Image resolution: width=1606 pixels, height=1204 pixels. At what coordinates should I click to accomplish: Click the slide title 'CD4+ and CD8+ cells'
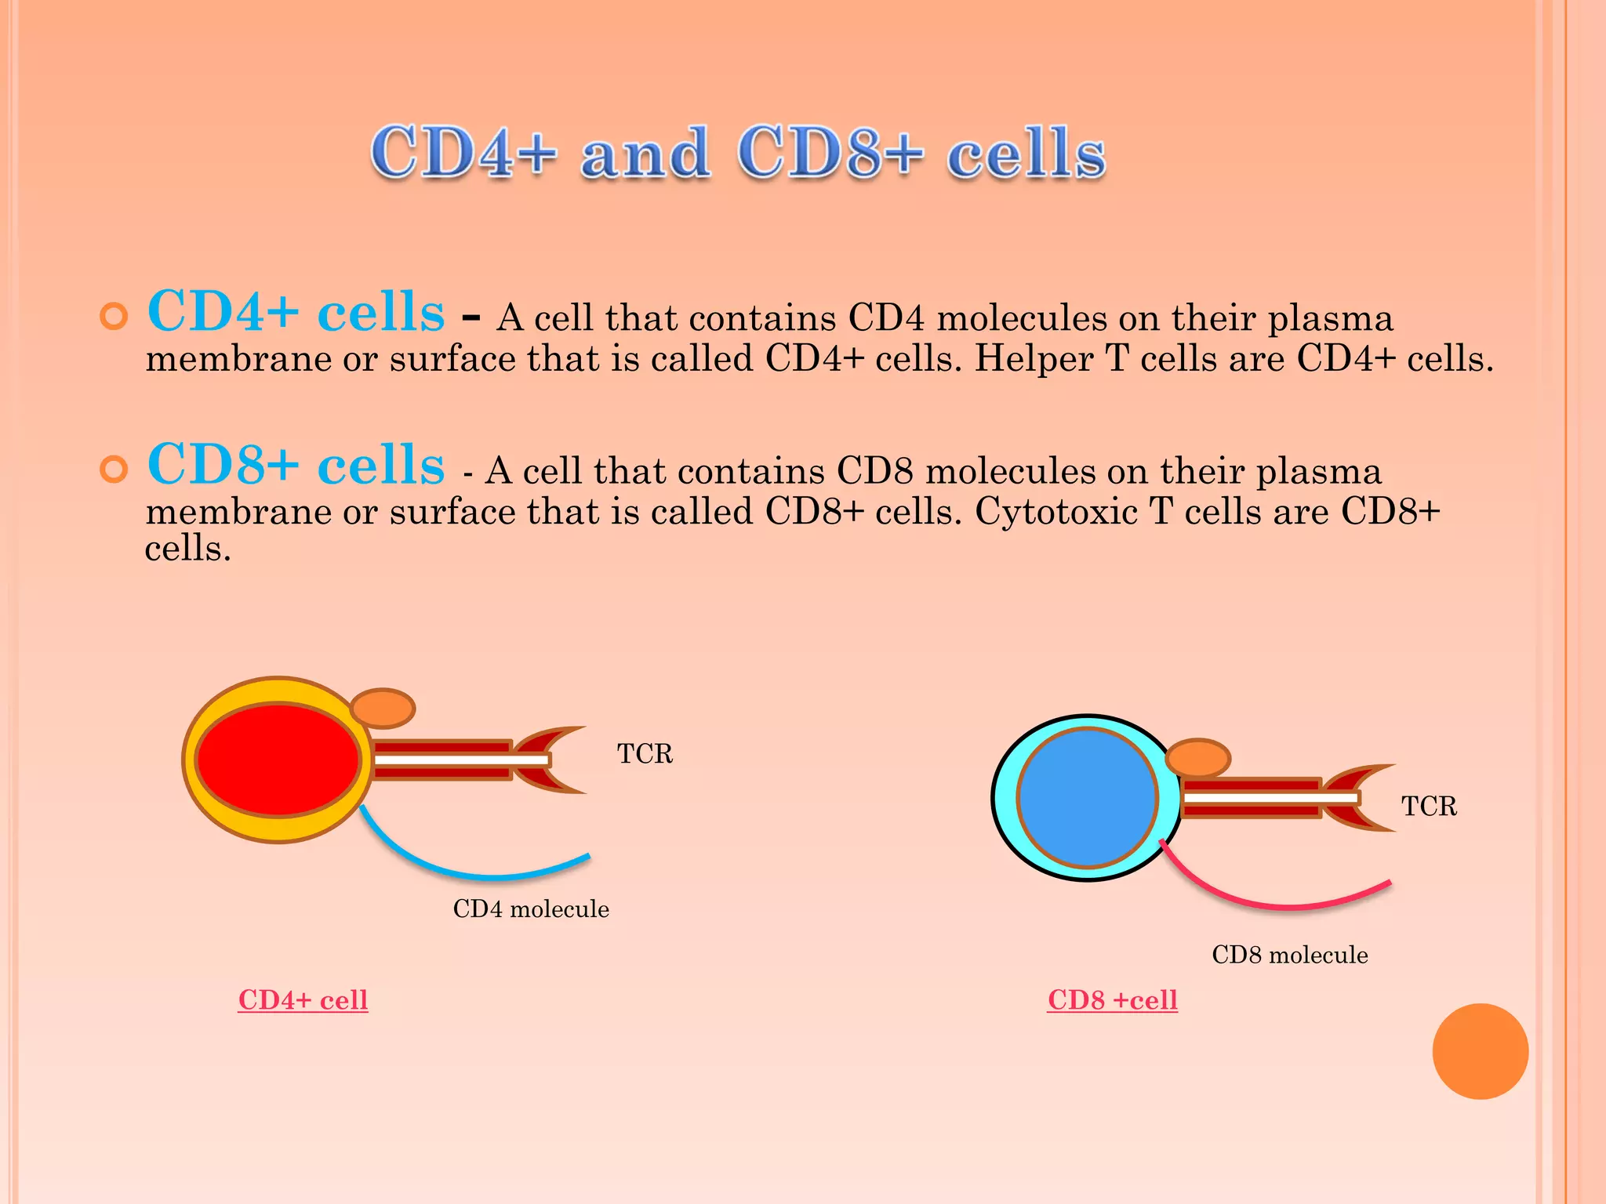(737, 153)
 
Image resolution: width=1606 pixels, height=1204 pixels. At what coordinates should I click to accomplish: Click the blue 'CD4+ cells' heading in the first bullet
(296, 312)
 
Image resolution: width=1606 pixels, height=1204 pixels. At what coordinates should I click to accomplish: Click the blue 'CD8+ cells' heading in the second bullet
(296, 465)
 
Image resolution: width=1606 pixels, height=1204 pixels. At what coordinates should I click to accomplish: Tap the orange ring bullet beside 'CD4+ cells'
(114, 317)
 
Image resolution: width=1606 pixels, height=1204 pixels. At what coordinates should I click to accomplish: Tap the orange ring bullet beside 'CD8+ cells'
(114, 470)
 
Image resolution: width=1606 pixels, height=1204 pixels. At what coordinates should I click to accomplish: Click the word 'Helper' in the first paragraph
(1034, 359)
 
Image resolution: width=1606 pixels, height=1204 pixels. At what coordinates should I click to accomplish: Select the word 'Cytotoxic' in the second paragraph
(1056, 512)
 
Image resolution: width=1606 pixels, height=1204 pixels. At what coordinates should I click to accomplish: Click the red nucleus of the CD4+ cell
(278, 760)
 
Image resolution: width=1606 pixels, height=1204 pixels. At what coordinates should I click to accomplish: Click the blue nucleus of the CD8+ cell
(1088, 798)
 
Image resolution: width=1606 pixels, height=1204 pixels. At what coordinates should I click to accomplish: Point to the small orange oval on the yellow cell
(382, 708)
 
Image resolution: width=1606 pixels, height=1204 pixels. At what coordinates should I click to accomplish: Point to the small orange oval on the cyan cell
(1197, 758)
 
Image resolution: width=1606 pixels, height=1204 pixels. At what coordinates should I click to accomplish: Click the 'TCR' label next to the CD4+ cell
(645, 753)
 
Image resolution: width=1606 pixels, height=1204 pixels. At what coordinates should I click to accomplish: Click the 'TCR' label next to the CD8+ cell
(1429, 806)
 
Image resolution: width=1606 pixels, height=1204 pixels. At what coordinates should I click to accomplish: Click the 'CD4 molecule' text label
(531, 909)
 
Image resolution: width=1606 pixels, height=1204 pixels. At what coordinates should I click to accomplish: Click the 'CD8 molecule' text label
(1289, 955)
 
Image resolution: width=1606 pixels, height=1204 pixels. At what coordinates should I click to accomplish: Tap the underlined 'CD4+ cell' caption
(303, 1000)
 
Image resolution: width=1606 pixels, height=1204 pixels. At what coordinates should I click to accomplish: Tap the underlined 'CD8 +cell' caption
(1112, 1000)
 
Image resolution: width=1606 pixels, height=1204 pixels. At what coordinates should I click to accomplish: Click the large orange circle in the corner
(1480, 1051)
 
